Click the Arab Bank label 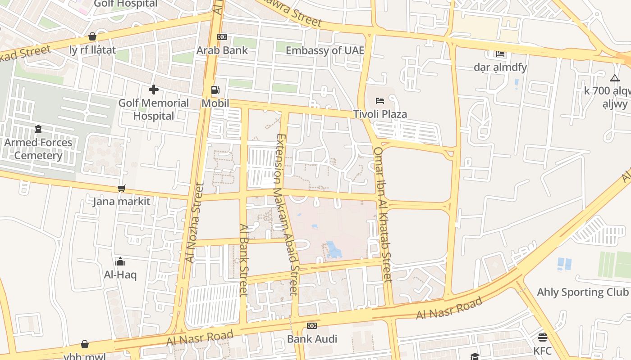[222, 50]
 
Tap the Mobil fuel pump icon [215, 90]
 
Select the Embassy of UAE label [325, 50]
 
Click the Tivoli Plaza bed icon [380, 100]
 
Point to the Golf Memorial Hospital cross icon [154, 90]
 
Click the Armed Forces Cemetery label [38, 149]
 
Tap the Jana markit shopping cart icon [121, 188]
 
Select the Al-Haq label [120, 274]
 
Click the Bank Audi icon [312, 326]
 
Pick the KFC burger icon [542, 337]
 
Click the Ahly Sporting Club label [582, 292]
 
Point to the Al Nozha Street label [195, 222]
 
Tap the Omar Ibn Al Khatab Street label [383, 214]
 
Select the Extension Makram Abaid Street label [287, 214]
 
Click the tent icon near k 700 [615, 78]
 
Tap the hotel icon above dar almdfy [500, 54]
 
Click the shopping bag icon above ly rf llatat [92, 36]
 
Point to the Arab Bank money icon [222, 37]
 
